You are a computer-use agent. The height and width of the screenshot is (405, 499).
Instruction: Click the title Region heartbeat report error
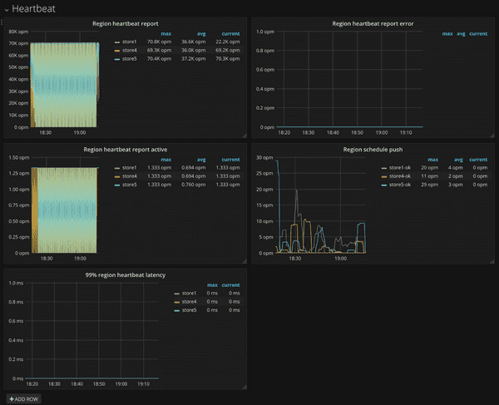click(373, 24)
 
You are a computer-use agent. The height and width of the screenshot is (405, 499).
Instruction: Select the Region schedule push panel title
click(373, 150)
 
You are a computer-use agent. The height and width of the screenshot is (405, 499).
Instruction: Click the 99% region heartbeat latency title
click(125, 274)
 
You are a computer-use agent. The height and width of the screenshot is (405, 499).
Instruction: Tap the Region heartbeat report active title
click(125, 150)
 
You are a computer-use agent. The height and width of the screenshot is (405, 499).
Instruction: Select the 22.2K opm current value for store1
click(230, 42)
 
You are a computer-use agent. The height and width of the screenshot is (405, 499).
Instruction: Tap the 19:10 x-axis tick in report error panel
click(407, 131)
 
